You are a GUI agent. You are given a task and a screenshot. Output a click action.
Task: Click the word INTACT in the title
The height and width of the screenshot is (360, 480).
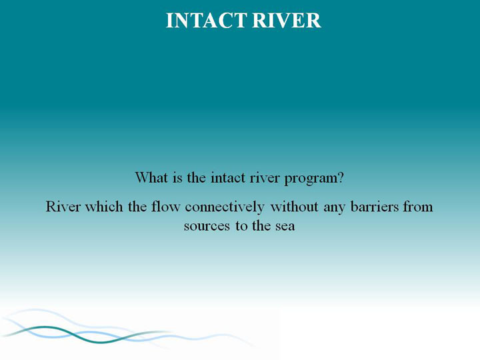click(206, 21)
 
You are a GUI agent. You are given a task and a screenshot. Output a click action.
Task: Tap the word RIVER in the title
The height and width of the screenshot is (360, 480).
click(287, 21)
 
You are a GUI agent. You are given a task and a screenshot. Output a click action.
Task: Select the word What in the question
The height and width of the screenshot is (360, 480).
click(151, 177)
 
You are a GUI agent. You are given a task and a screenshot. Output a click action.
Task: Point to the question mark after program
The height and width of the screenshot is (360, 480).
click(341, 177)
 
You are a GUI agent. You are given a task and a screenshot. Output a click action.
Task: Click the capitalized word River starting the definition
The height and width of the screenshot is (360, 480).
click(63, 207)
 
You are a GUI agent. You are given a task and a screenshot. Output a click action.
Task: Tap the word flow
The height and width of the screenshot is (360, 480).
click(165, 207)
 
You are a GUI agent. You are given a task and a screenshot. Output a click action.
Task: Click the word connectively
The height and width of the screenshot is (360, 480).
click(225, 207)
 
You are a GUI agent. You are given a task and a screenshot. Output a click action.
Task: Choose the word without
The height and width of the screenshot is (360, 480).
click(294, 207)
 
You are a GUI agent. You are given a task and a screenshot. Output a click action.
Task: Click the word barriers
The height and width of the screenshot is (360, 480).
click(375, 207)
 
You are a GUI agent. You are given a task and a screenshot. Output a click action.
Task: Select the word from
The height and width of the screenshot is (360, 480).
click(418, 207)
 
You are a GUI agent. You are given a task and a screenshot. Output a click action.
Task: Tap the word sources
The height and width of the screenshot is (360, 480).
click(207, 227)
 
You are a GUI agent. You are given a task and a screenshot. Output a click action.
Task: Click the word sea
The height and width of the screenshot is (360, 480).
click(285, 227)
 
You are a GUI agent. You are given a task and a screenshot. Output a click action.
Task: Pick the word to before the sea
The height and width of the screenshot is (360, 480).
click(241, 226)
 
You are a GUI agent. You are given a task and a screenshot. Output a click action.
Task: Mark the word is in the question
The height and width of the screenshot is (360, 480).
click(177, 178)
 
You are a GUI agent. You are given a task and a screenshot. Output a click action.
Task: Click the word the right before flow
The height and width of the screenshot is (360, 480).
click(137, 207)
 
